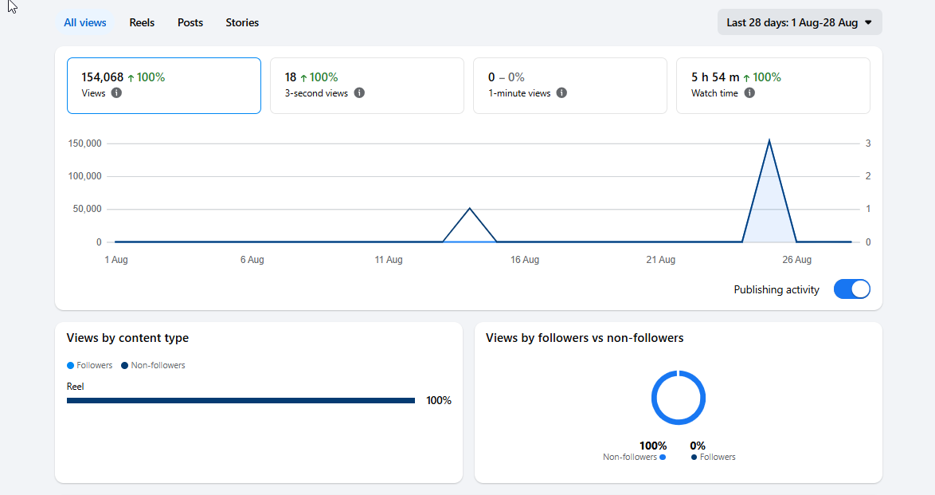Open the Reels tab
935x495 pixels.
pos(142,22)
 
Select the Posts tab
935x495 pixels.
pos(190,22)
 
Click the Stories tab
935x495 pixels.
pos(242,22)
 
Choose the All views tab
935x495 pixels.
pos(84,22)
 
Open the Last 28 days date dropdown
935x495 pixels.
pos(800,22)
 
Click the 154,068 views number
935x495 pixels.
pos(103,77)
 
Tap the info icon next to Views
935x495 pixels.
pos(116,92)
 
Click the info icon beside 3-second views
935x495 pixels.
pos(359,92)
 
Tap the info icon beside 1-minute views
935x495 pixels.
pos(561,92)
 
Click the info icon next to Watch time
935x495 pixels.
pos(749,92)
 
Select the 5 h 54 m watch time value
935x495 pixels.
pos(715,77)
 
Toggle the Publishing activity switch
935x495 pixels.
pos(851,289)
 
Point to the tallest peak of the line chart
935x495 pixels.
pos(769,140)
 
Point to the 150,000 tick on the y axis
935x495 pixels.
pos(84,143)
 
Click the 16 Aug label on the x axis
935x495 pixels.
pos(525,260)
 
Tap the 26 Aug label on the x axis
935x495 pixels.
pos(796,260)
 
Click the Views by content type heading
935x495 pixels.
pos(127,338)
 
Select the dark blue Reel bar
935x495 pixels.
pos(241,401)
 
